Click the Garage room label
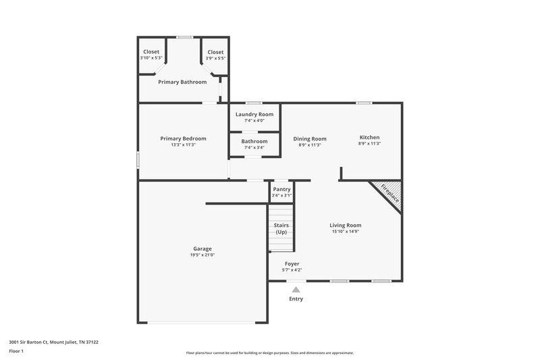coord(202,249)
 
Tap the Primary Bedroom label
coord(183,138)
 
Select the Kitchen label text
coord(369,137)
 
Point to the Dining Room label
coord(310,138)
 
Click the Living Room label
coord(345,225)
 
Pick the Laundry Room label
coord(254,114)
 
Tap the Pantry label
coord(281,190)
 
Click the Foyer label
coord(292,263)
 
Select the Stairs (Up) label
coord(281,228)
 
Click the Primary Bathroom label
coord(182,82)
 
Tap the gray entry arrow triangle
coord(296,289)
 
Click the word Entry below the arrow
coord(296,299)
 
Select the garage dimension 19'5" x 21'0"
coord(202,255)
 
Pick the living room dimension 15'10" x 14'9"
coord(345,232)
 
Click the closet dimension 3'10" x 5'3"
coord(151,58)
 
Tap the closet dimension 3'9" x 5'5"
coord(215,58)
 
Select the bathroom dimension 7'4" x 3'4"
coord(254,147)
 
